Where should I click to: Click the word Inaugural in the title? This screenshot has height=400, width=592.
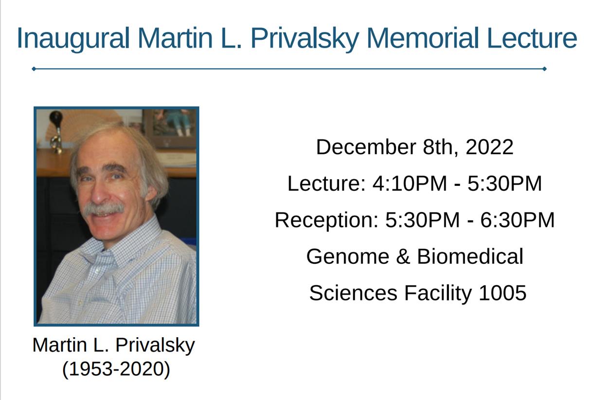click(73, 38)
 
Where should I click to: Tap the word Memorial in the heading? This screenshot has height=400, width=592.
click(423, 38)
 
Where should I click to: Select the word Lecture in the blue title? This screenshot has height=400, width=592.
click(532, 38)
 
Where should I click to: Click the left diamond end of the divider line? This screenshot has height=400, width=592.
click(34, 69)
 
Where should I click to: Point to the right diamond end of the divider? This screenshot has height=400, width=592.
click(544, 69)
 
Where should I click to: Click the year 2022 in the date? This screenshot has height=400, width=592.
click(489, 147)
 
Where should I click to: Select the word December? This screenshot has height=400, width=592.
click(366, 147)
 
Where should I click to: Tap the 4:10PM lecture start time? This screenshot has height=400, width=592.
click(410, 183)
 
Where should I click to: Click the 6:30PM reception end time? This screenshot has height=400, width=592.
click(518, 220)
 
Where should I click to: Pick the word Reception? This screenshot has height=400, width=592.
click(327, 221)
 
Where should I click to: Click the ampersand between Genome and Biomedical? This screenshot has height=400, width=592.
click(403, 257)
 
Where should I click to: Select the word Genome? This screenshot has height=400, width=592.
click(348, 257)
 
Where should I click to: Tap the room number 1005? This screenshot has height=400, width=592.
click(502, 293)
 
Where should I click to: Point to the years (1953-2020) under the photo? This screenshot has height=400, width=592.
click(116, 369)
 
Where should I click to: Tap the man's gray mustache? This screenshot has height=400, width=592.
click(104, 208)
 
